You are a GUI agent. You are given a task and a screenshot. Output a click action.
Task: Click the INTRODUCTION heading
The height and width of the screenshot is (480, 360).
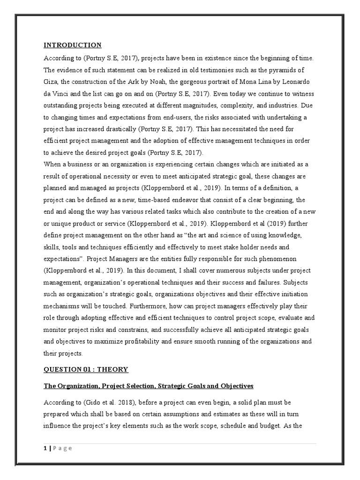[x=72, y=45]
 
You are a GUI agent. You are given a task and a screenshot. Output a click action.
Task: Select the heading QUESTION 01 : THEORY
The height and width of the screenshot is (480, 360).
[x=86, y=369]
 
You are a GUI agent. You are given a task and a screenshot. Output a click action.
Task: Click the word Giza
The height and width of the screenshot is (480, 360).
[x=51, y=82]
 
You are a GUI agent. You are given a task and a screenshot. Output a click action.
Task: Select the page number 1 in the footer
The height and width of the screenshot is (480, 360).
[x=45, y=448]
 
